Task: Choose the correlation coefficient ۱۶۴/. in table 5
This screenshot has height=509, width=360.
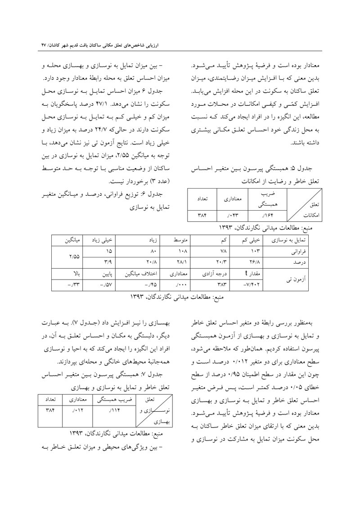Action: [260, 215]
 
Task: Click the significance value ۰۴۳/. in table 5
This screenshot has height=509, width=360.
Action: [232, 215]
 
